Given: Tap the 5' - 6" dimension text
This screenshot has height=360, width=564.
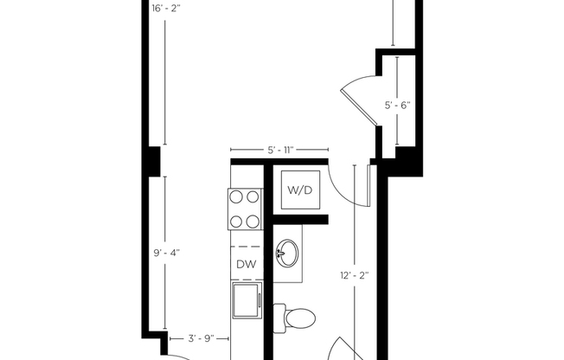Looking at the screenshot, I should click(x=397, y=106).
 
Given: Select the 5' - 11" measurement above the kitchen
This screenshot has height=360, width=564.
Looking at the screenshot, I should click(x=279, y=151).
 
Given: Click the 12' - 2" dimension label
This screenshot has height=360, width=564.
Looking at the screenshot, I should click(x=354, y=275).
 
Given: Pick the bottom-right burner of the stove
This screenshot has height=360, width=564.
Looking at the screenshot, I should click(x=253, y=221).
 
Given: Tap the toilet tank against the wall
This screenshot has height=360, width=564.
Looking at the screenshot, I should click(x=279, y=318).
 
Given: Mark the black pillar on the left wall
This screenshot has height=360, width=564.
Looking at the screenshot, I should click(x=153, y=160).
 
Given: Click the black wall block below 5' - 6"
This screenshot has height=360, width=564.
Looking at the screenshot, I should click(x=406, y=160).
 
